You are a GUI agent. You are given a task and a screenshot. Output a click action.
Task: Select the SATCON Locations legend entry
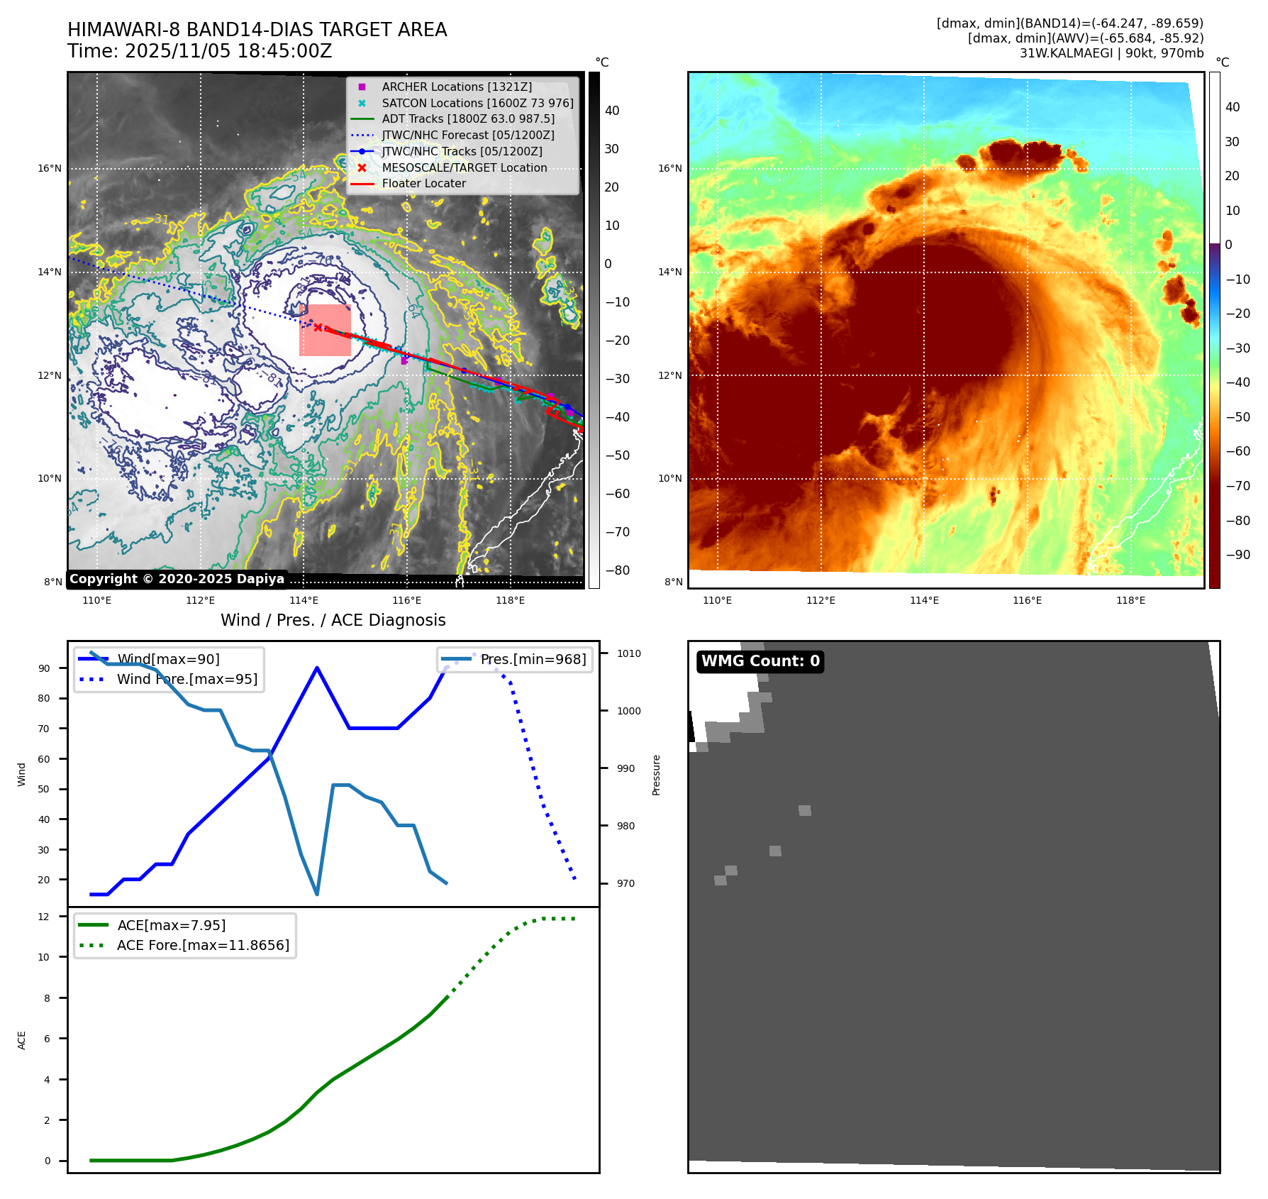477,103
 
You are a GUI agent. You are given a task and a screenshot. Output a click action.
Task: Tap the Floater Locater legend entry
423,183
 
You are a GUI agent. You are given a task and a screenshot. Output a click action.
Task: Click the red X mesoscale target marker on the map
318,327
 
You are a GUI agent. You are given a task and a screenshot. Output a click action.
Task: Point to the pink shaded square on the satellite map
325,330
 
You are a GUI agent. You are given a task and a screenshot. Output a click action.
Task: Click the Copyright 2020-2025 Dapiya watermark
177,579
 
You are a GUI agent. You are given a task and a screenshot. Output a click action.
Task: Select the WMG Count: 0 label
760,661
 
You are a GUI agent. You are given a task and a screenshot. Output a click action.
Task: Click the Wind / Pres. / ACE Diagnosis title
333,620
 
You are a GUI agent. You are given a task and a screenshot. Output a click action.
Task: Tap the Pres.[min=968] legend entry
533,659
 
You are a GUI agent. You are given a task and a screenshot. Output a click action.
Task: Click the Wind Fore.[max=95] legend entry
187,679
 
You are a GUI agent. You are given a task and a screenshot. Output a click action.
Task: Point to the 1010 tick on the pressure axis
628,653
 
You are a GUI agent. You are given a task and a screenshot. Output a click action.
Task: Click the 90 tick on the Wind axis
45,668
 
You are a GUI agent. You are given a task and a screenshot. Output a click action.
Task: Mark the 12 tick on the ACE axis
44,917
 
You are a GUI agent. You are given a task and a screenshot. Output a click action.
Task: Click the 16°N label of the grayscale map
50,169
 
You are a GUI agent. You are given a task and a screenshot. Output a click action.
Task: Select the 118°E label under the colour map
1130,600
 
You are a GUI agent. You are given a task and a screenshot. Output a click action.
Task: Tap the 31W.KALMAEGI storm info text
1111,53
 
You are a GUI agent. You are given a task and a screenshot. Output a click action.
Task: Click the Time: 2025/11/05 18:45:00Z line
199,51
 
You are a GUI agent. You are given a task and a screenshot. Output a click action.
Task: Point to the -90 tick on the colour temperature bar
1238,555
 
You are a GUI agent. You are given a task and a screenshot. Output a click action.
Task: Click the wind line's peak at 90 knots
316,668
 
